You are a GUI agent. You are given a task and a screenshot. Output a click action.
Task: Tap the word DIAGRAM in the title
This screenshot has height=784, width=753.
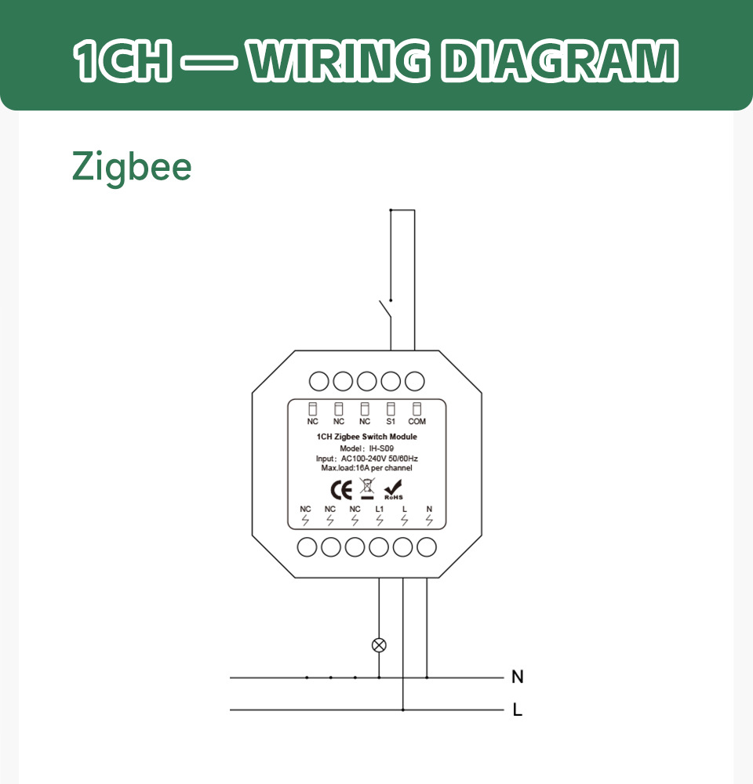tap(559, 60)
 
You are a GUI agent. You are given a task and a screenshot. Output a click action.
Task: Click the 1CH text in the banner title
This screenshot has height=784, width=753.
tap(122, 60)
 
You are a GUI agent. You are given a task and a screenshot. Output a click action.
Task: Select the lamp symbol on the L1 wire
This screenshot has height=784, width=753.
tap(380, 645)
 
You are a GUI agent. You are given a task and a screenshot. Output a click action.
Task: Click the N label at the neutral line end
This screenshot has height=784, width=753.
tap(518, 677)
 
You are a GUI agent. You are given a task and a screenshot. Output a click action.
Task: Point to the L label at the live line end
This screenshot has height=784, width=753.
tap(518, 709)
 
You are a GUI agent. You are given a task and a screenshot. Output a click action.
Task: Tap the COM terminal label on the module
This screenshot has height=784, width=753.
tap(417, 422)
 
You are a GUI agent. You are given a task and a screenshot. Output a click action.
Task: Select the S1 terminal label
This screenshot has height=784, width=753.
tap(391, 422)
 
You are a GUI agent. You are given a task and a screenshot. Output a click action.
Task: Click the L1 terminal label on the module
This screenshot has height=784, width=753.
tap(380, 509)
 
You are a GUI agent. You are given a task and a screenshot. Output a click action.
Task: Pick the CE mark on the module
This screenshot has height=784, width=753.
tap(341, 490)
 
